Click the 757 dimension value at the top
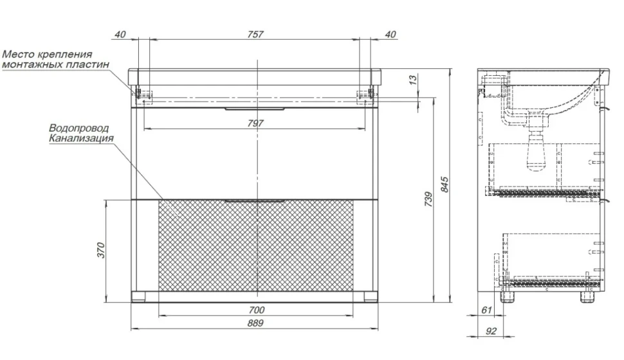[x=255, y=35]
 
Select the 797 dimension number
[x=255, y=123]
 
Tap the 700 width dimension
[x=256, y=310]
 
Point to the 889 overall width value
[x=255, y=323]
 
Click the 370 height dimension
[x=101, y=250]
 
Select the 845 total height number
[x=445, y=185]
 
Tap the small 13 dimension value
[x=413, y=80]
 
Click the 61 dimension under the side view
[x=486, y=310]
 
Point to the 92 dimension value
[x=491, y=331]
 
